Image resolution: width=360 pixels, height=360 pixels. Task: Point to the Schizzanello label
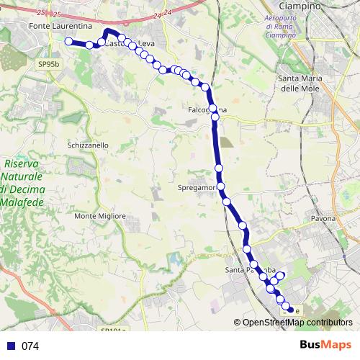88,145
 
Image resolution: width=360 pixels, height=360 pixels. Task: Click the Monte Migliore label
100,216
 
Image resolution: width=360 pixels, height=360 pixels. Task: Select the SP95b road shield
49,64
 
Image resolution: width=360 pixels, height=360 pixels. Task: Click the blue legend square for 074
10,346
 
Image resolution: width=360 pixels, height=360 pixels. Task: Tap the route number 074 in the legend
30,346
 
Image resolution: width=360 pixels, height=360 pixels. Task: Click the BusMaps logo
325,345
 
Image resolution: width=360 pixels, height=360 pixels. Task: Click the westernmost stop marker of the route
69,42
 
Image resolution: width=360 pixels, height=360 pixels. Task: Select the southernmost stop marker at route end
290,310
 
